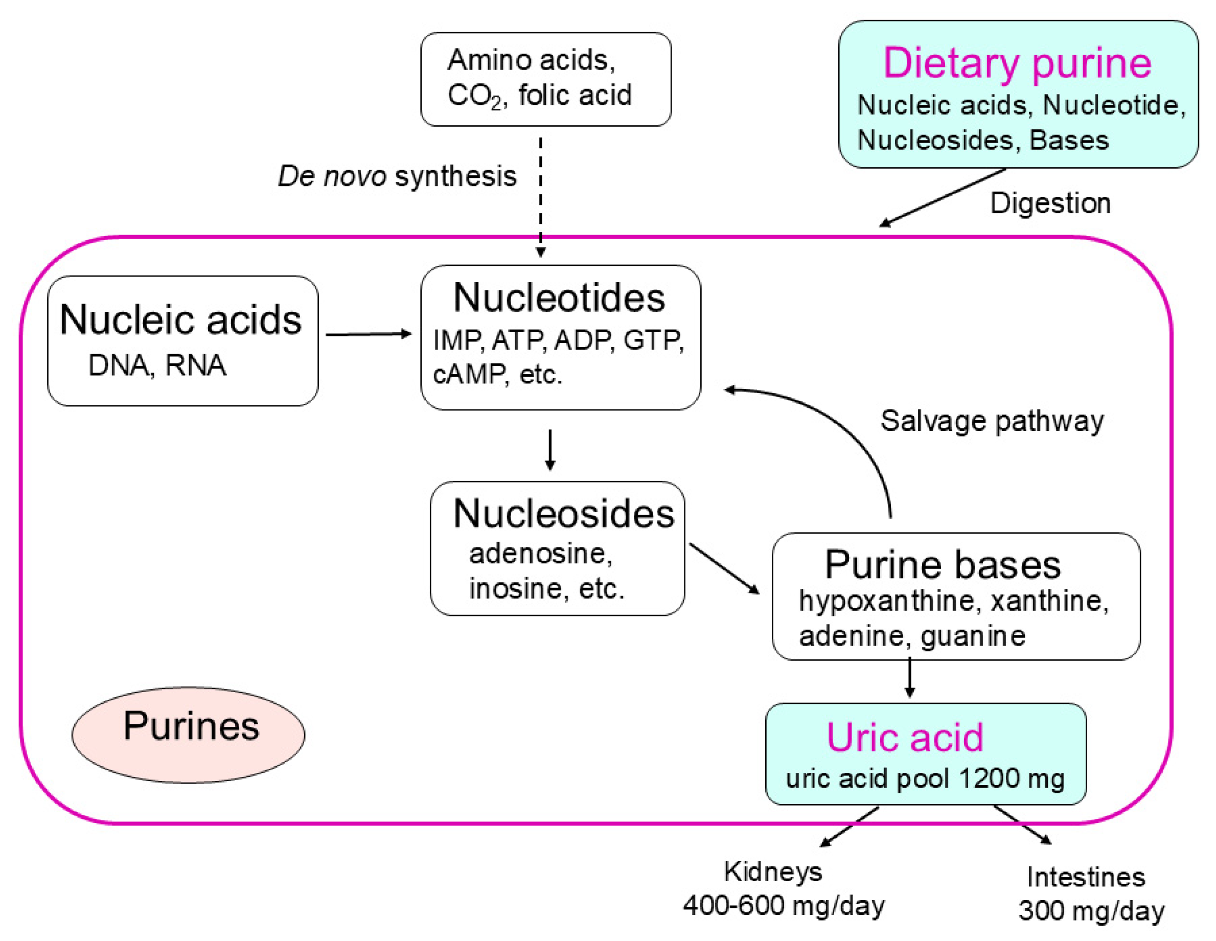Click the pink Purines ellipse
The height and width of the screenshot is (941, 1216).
point(188,735)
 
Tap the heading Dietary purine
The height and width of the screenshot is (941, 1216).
point(1017,63)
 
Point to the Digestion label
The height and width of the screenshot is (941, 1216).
point(1050,203)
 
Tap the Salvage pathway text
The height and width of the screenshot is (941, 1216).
point(992,421)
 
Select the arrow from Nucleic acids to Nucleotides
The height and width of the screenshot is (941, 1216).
point(368,334)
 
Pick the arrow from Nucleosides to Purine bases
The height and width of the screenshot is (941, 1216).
point(724,568)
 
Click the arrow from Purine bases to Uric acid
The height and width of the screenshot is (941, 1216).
point(910,677)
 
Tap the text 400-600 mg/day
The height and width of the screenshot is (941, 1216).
point(784,905)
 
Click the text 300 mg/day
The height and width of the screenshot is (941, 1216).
point(1091,911)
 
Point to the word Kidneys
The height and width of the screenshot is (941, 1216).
point(772,872)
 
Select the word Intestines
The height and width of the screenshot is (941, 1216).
point(1086,878)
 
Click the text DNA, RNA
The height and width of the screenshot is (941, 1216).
point(157,366)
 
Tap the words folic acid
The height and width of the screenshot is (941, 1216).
point(575,95)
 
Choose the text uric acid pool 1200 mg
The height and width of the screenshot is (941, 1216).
point(925,778)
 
